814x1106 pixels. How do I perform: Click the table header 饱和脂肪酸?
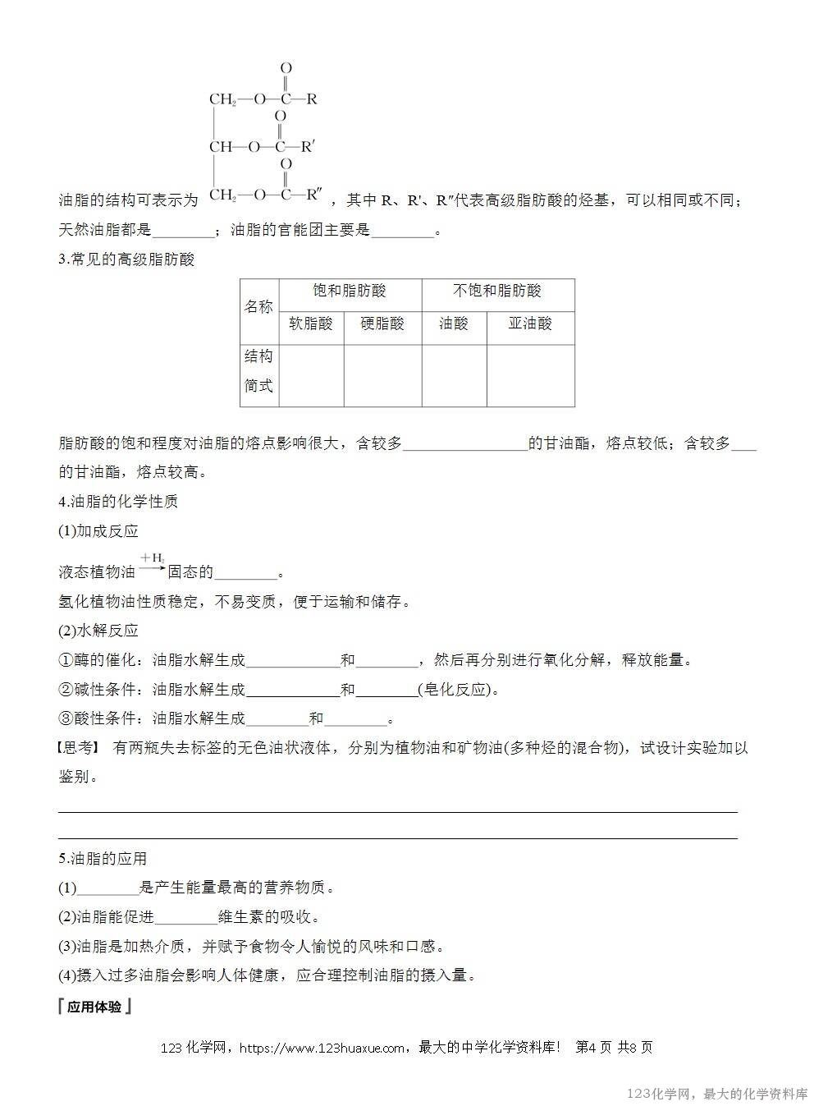350,291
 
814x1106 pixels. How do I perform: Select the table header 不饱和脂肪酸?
497,291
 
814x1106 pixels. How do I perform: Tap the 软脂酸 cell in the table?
311,324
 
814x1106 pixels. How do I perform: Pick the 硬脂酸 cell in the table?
382,324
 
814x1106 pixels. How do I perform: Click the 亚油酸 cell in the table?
530,324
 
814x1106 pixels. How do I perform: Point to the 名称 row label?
258,307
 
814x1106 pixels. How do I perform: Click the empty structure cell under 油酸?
454,375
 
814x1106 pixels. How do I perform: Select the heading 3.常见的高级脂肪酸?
127,259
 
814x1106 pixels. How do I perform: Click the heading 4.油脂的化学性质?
118,501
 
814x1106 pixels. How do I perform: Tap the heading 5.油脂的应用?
103,858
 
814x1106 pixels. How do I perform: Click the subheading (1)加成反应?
98,530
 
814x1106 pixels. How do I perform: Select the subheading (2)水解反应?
98,630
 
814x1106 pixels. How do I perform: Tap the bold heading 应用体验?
95,1007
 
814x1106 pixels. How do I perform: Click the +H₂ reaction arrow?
152,566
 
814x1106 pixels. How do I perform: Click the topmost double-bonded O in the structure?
286,68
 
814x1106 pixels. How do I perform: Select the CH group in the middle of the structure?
221,148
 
